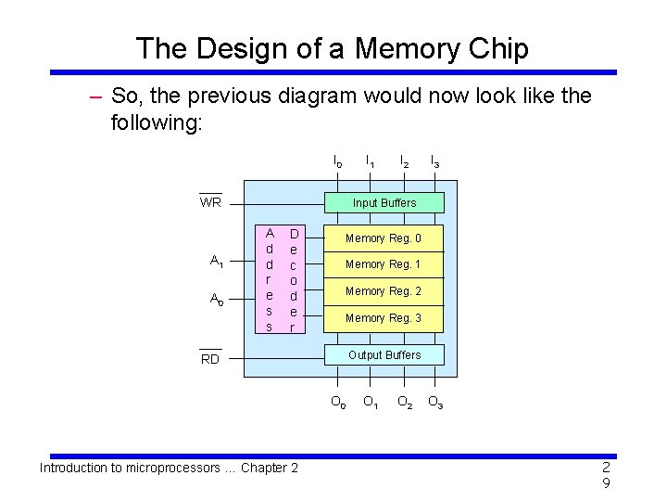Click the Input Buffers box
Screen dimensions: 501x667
pyautogui.click(x=384, y=203)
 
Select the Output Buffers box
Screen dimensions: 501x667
pyautogui.click(x=384, y=355)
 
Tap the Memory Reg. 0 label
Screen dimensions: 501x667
pyautogui.click(x=383, y=239)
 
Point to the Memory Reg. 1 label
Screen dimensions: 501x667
pyautogui.click(x=383, y=265)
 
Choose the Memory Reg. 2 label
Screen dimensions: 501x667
pyautogui.click(x=383, y=291)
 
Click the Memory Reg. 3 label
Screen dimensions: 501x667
pyautogui.click(x=383, y=318)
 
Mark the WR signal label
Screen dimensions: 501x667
pyautogui.click(x=210, y=202)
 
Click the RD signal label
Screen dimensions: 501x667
pyautogui.click(x=210, y=359)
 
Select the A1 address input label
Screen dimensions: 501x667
pyautogui.click(x=216, y=262)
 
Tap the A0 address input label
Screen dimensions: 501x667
pyautogui.click(x=216, y=300)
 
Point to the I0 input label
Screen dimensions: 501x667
pyautogui.click(x=338, y=161)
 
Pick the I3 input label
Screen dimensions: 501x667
pyautogui.click(x=434, y=161)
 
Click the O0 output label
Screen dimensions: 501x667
pyautogui.click(x=338, y=403)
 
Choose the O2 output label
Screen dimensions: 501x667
pyautogui.click(x=405, y=403)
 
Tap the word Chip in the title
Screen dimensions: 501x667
pyautogui.click(x=499, y=48)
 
